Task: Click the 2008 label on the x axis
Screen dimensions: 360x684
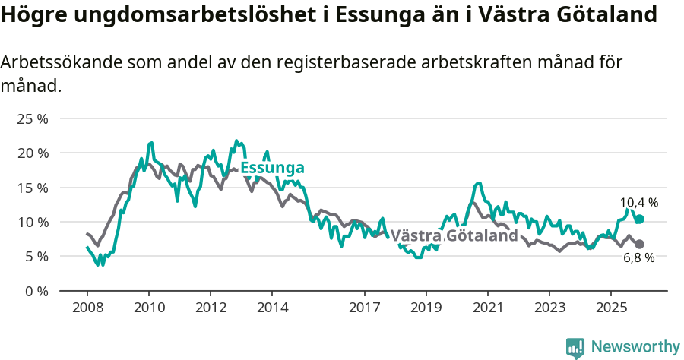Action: click(87, 308)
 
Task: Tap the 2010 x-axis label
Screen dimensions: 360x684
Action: click(149, 308)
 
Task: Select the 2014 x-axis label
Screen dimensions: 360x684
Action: click(272, 308)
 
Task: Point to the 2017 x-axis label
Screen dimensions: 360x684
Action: click(364, 308)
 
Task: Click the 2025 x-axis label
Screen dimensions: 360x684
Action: click(610, 308)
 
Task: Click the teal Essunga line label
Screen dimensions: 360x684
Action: click(272, 168)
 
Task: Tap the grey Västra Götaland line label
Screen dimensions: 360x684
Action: click(454, 235)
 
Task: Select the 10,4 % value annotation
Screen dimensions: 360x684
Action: click(639, 203)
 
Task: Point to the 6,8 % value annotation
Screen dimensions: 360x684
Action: click(639, 258)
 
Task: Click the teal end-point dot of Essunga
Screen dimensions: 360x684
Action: click(640, 219)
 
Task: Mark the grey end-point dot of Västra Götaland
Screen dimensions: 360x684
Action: click(640, 244)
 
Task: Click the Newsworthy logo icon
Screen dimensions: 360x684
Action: click(575, 348)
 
